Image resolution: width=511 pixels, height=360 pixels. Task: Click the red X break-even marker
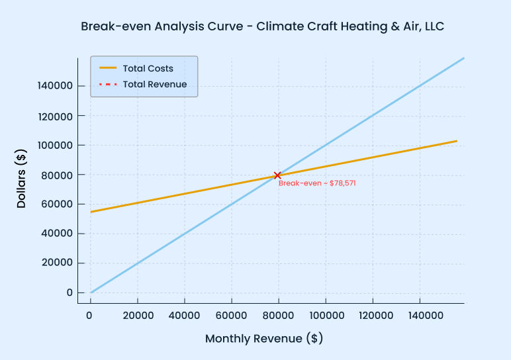point(277,175)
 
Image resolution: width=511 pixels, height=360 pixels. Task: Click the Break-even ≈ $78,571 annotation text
point(317,183)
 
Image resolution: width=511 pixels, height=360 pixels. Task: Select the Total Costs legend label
point(148,68)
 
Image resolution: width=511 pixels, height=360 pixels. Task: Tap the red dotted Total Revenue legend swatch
point(108,84)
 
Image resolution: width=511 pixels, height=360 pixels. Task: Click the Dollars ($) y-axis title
point(22,179)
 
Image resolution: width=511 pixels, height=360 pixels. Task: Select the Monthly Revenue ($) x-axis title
point(263,339)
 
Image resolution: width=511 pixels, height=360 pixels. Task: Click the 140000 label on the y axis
point(56,86)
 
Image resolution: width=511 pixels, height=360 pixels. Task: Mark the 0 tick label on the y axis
point(70,292)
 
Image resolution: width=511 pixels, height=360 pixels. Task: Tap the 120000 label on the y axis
point(56,116)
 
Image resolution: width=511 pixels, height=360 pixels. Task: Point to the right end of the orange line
point(457,141)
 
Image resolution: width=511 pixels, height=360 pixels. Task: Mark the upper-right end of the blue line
point(463,58)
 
